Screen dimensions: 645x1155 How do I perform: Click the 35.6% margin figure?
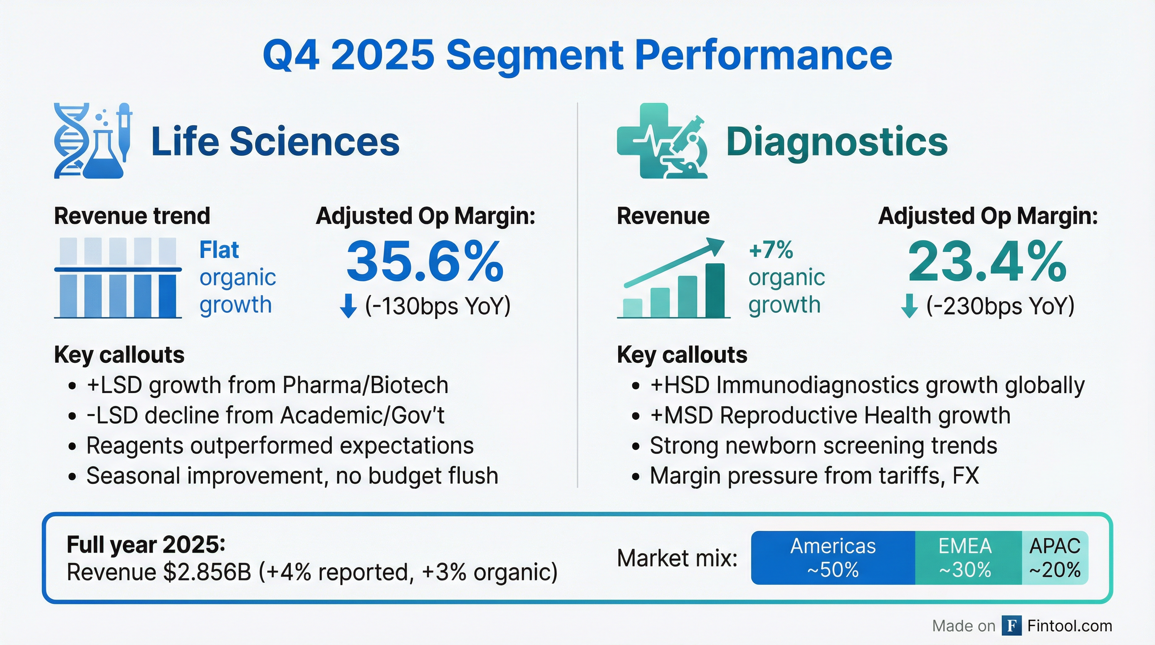coord(425,262)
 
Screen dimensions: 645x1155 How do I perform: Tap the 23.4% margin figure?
coord(987,262)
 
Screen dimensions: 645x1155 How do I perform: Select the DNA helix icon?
coord(70,141)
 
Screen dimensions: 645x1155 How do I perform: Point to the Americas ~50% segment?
coord(833,558)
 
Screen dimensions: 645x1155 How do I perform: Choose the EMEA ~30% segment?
coord(965,558)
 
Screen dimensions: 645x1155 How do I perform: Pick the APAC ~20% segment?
coord(1055,558)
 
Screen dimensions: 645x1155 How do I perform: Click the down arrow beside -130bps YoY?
coord(348,306)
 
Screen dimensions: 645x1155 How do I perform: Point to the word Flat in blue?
coord(219,250)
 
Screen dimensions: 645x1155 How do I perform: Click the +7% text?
coord(771,250)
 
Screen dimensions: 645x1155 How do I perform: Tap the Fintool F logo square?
coord(1011,626)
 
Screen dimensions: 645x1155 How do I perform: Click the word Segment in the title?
coord(534,55)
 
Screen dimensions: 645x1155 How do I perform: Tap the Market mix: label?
coord(677,558)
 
